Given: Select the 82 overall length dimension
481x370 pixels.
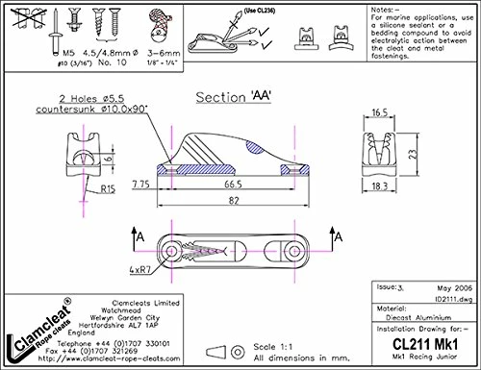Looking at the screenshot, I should click(x=228, y=200).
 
